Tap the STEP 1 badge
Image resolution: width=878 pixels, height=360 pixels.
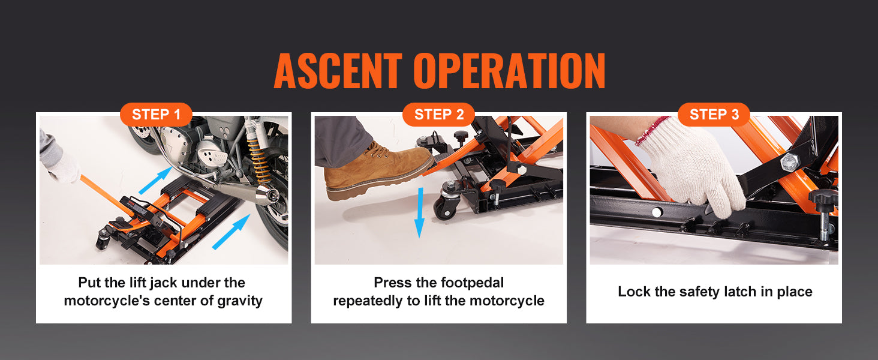pos(156,115)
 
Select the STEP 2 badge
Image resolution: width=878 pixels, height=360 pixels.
pos(438,115)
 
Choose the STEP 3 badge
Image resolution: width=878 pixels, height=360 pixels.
pos(714,115)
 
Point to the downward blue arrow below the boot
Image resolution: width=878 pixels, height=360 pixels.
pos(419,212)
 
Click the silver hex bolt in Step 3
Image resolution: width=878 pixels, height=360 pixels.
pos(787,161)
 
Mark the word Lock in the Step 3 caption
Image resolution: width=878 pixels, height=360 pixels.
pos(634,292)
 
